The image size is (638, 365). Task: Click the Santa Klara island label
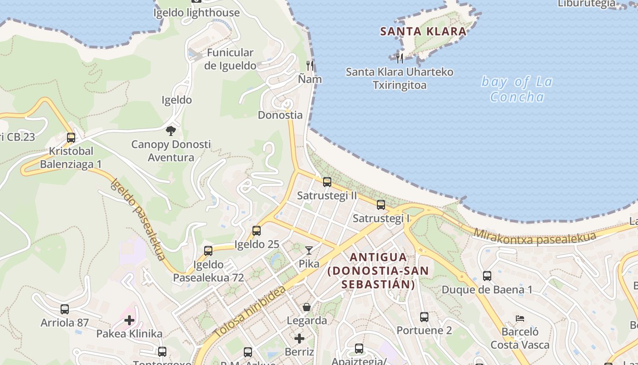[423, 31]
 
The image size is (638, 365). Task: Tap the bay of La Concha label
[517, 89]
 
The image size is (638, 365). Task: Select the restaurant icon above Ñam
[310, 65]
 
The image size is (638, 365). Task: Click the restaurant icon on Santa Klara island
[400, 58]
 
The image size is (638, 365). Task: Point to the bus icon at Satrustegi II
[327, 182]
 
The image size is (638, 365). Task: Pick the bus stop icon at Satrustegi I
[381, 205]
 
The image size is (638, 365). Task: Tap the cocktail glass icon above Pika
[309, 250]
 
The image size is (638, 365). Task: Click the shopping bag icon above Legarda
[307, 307]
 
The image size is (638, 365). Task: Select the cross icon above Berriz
[299, 339]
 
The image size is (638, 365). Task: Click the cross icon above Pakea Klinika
[129, 320]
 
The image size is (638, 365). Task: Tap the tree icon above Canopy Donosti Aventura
[171, 131]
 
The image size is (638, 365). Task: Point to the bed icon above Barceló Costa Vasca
[520, 318]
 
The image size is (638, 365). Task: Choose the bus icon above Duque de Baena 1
[487, 276]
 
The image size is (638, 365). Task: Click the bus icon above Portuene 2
[424, 317]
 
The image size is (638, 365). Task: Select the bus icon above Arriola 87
[65, 309]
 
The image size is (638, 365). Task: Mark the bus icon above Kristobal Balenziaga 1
[71, 138]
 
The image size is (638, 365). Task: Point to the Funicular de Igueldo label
[230, 59]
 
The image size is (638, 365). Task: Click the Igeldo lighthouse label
[196, 12]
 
